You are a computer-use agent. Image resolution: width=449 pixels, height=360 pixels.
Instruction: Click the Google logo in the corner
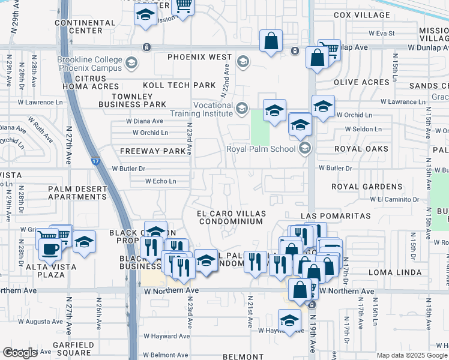coord(20,353)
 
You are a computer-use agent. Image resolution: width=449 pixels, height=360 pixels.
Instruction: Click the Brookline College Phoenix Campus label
coord(90,64)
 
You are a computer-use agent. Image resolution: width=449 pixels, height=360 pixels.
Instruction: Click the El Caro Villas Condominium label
coord(231,217)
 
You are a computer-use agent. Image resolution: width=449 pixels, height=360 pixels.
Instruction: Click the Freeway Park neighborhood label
coord(152,151)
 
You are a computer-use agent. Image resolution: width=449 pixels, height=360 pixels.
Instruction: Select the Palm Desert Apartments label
coord(77,193)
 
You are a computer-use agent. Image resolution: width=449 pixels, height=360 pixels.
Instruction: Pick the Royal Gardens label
coord(366,187)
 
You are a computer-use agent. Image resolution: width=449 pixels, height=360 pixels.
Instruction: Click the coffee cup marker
coord(48,246)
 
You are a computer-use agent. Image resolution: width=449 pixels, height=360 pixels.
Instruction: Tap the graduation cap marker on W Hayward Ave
coord(289,319)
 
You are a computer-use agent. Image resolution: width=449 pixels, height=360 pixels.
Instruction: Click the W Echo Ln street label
coord(160,181)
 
